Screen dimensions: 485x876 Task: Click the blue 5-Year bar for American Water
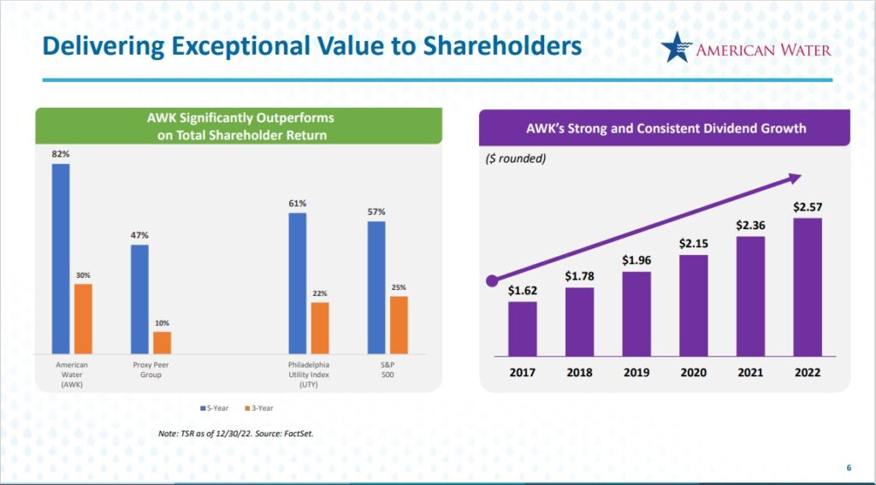click(x=60, y=258)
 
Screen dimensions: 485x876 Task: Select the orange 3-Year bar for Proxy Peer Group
click(x=162, y=343)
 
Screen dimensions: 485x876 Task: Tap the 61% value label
click(x=297, y=204)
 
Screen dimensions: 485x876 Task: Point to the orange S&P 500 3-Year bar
click(x=399, y=325)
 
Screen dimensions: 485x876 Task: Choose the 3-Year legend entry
click(x=260, y=408)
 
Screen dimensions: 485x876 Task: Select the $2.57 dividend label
click(x=807, y=207)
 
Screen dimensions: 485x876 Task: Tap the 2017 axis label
click(x=522, y=372)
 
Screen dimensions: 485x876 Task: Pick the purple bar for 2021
click(x=750, y=296)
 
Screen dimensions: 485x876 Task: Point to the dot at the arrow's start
click(x=491, y=280)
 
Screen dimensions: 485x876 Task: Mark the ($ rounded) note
click(x=516, y=159)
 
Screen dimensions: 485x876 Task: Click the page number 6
click(x=849, y=467)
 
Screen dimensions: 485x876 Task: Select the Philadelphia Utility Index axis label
click(x=308, y=375)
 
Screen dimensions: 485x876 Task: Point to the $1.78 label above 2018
click(x=579, y=275)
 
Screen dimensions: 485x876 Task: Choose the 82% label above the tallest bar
click(x=60, y=154)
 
